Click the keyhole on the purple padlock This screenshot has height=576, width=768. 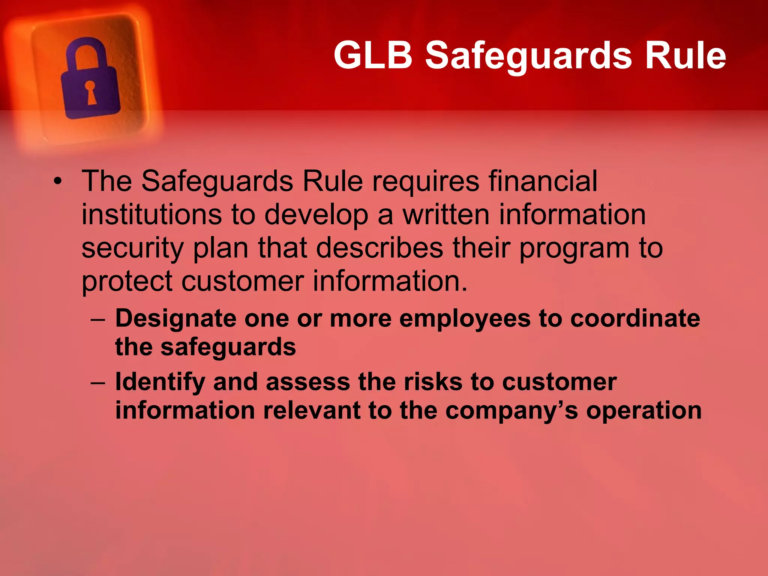click(x=91, y=92)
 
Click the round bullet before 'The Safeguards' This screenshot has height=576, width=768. click(x=57, y=182)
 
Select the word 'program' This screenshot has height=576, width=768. click(x=574, y=249)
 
